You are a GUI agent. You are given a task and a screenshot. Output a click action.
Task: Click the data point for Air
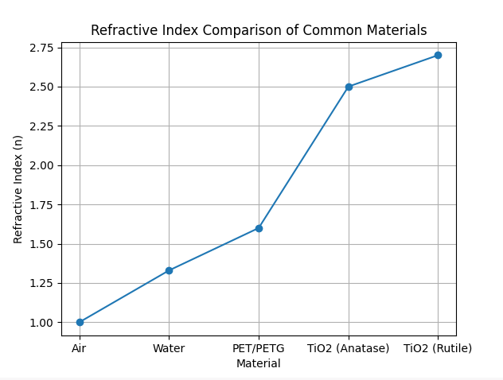[x=80, y=322]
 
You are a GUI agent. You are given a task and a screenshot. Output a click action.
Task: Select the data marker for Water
[x=169, y=270]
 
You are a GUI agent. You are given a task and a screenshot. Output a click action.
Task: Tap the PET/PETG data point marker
[x=259, y=228]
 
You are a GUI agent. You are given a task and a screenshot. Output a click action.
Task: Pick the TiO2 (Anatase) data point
[x=349, y=87]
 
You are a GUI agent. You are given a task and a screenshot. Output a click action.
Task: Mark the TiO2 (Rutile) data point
[x=438, y=56]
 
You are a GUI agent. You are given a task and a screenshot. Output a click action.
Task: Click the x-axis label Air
[x=80, y=348]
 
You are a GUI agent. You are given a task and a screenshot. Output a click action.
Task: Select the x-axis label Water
[x=169, y=348]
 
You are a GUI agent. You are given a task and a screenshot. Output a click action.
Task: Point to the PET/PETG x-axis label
[x=259, y=348]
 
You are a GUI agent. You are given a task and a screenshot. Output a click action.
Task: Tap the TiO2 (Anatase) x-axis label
[x=349, y=348]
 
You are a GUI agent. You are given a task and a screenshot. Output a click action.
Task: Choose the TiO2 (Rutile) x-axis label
[x=438, y=348]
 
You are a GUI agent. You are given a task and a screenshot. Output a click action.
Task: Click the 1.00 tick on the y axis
[x=42, y=323]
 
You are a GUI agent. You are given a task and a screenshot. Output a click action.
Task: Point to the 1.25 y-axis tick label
[x=42, y=283]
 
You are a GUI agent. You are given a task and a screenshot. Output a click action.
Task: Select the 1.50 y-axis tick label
[x=42, y=244]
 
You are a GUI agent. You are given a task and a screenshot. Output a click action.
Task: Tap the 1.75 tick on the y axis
[x=42, y=205]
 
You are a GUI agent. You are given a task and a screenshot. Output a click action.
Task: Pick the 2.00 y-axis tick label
[x=42, y=165]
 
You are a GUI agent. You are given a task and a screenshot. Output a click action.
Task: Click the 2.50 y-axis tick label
[x=42, y=87]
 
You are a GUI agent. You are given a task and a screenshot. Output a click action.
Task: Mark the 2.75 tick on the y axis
[x=42, y=48]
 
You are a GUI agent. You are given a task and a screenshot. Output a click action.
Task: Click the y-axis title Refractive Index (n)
[x=18, y=189]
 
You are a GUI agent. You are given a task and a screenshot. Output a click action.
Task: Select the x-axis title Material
[x=259, y=363]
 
